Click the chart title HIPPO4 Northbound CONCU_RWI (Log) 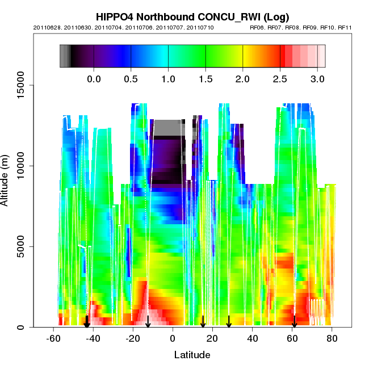point(192,17)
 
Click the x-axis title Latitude point(192,355)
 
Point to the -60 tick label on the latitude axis point(52,338)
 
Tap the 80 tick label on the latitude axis point(332,338)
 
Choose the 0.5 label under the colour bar point(131,78)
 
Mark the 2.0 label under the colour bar point(243,78)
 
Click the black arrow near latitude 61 point(294,321)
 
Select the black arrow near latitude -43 point(87,321)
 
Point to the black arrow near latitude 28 point(229,321)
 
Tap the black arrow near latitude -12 point(148,321)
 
